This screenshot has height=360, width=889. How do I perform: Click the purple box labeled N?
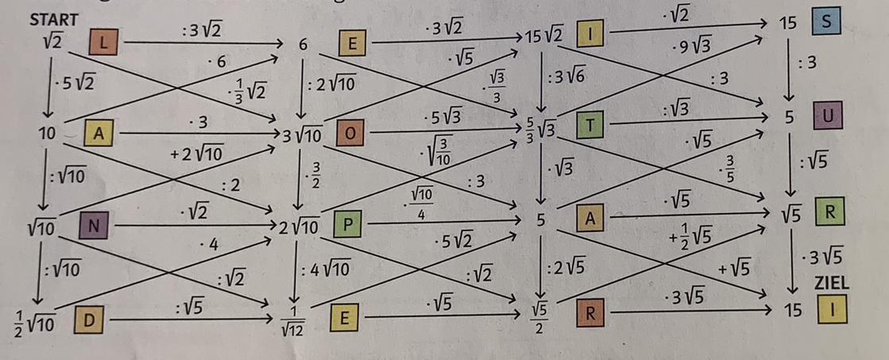92,226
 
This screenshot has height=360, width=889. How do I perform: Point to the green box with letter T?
591,125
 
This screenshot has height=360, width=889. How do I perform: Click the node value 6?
303,45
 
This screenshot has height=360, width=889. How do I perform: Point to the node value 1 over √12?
297,321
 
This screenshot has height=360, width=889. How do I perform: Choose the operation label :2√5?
566,268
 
